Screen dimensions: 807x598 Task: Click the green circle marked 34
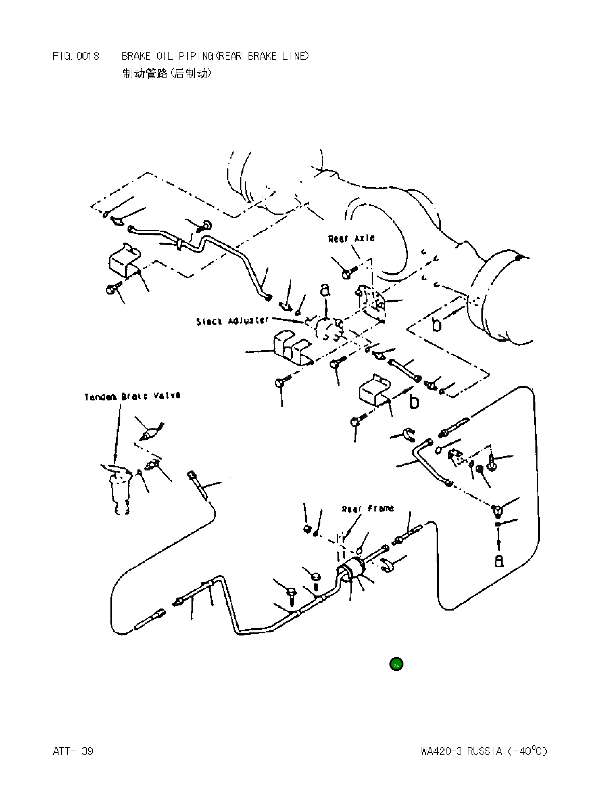[x=396, y=665]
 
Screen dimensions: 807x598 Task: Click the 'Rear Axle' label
[x=351, y=239]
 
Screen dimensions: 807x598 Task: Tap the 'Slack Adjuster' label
[x=232, y=321]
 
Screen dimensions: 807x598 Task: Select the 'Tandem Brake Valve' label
[x=132, y=396]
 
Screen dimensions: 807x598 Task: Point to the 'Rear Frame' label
[x=368, y=509]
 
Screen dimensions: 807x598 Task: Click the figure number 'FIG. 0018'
[x=76, y=56]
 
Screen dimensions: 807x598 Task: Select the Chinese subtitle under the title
[x=167, y=74]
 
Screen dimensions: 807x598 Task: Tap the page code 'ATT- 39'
[x=73, y=752]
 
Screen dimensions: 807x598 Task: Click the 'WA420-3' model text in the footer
[x=441, y=752]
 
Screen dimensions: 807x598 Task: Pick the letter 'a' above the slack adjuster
[x=325, y=289]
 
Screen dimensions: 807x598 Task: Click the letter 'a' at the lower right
[x=499, y=561]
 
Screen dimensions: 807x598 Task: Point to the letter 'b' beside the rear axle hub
[x=437, y=325]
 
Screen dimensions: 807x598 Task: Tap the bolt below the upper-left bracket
[x=110, y=289]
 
